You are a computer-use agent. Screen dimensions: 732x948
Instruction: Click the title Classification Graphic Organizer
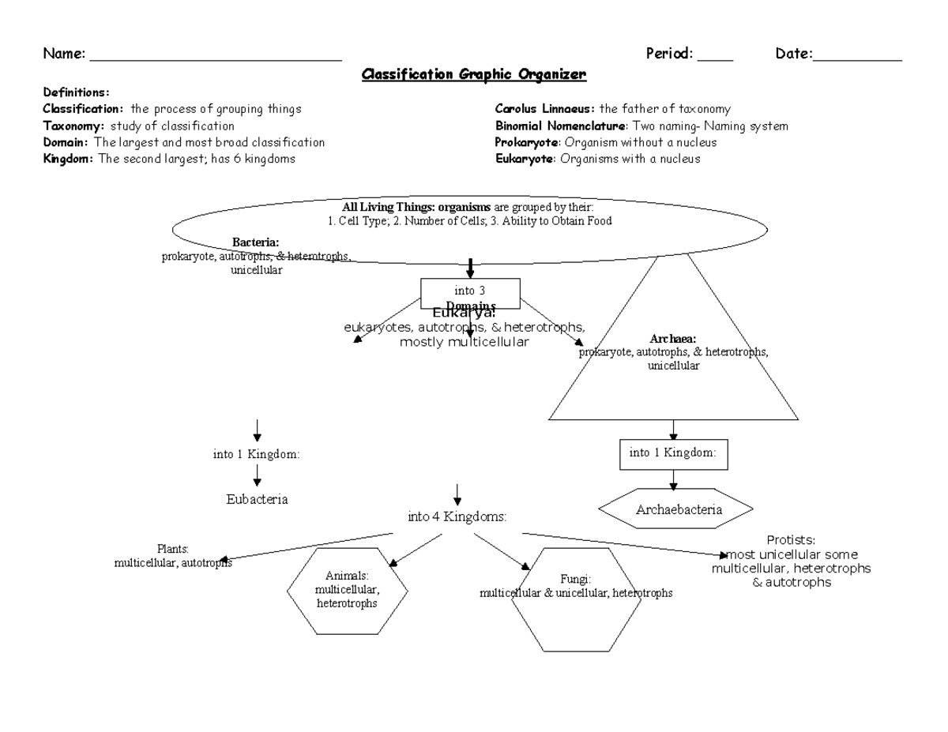pyautogui.click(x=474, y=75)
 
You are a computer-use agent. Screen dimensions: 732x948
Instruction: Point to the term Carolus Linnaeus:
pyautogui.click(x=545, y=109)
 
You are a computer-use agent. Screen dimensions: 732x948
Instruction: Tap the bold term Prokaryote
pyautogui.click(x=527, y=142)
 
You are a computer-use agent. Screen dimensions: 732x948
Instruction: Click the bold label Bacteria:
pyautogui.click(x=255, y=242)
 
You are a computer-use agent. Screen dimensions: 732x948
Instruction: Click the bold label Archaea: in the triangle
pyautogui.click(x=673, y=339)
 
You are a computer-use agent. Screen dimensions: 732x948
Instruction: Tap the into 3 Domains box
pyautogui.click(x=471, y=294)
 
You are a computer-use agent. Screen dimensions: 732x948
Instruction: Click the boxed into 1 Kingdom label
pyautogui.click(x=673, y=453)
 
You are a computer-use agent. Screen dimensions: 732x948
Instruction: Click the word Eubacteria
pyautogui.click(x=256, y=499)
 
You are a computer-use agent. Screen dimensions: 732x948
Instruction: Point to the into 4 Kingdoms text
pyautogui.click(x=457, y=516)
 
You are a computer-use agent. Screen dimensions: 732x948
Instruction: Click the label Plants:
pyautogui.click(x=172, y=549)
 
